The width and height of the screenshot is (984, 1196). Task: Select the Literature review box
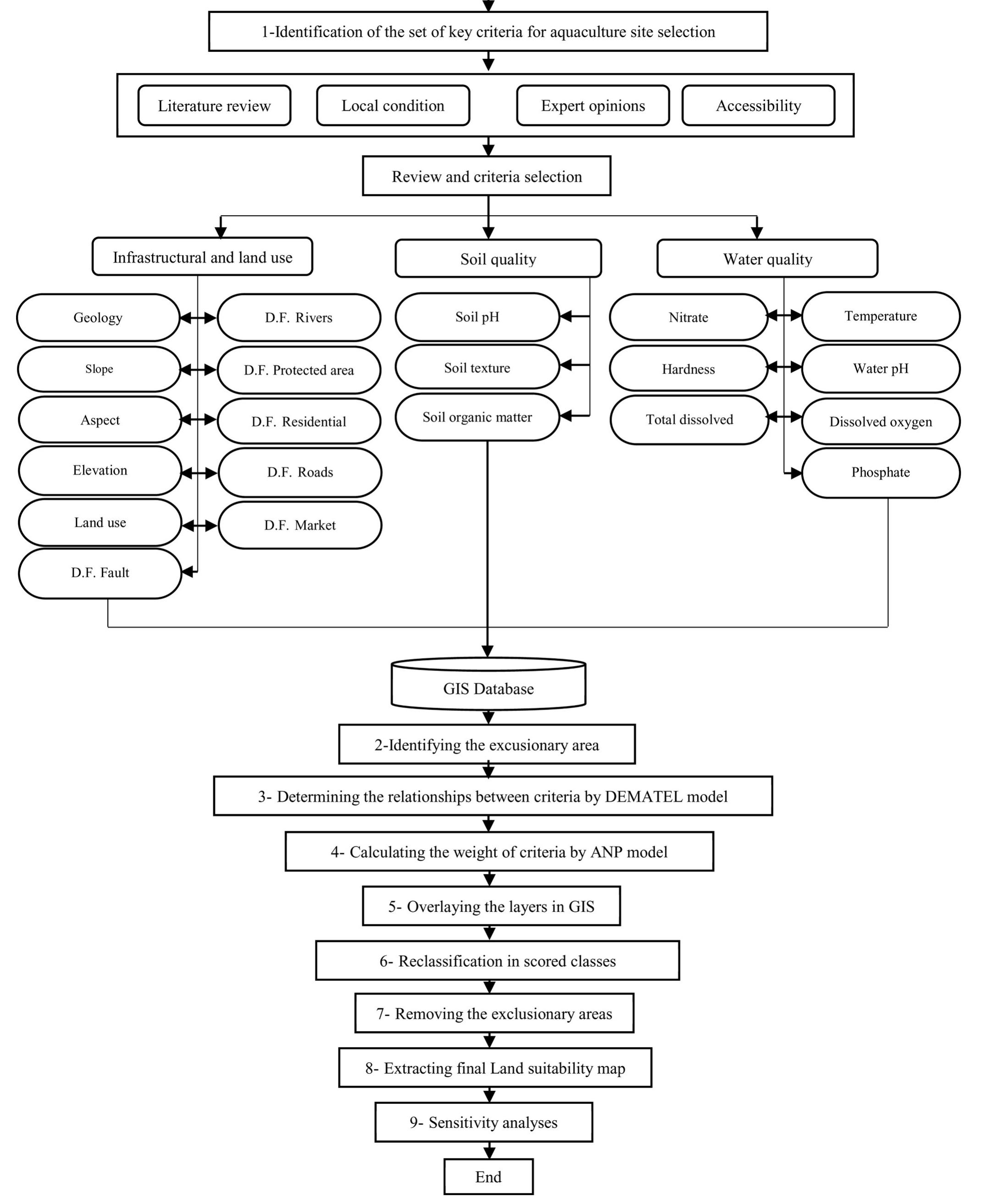[214, 106]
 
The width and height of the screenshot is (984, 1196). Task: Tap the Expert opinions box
[593, 106]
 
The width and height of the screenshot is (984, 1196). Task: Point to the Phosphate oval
[880, 472]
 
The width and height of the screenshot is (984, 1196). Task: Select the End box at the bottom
[488, 1177]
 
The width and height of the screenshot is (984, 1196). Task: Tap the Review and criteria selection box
[486, 176]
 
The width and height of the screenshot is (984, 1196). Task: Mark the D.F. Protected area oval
[299, 370]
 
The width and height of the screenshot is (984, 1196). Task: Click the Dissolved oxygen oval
[880, 422]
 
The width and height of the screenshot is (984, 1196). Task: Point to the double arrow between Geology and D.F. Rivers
[198, 318]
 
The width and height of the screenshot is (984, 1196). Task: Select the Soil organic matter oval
[477, 417]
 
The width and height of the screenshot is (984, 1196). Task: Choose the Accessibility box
[758, 106]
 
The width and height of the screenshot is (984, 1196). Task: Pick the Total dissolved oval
[689, 419]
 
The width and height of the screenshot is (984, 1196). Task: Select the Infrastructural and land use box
[202, 257]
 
